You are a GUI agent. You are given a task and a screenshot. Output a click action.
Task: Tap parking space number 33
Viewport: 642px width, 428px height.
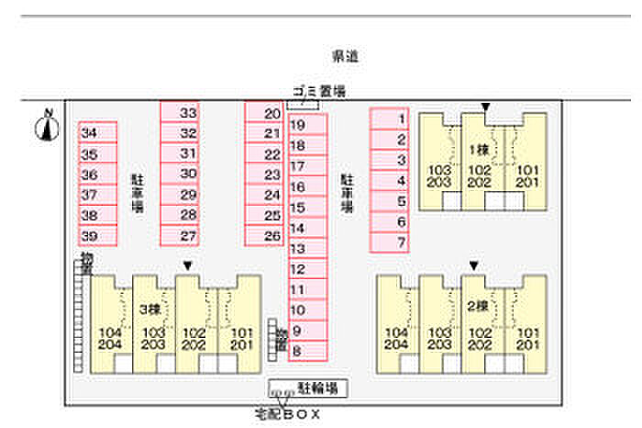coord(188,112)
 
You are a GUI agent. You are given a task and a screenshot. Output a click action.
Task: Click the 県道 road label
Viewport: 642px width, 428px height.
coord(345,57)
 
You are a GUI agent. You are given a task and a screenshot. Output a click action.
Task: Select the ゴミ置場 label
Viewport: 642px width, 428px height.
coord(318,90)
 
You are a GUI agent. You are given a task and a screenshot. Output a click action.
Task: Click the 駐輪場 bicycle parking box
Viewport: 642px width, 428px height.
coord(307,389)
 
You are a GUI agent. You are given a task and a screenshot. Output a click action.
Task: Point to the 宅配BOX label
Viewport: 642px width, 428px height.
coord(287,414)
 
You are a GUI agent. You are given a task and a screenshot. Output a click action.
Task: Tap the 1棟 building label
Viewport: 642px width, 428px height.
coord(478,150)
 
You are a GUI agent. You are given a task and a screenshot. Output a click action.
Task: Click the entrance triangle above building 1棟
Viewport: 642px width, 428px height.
coord(486,107)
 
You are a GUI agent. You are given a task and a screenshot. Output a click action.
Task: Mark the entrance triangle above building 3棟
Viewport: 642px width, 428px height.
coord(188,266)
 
